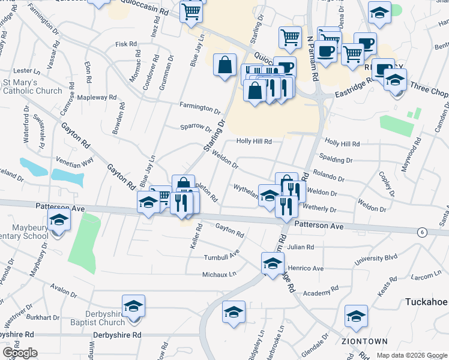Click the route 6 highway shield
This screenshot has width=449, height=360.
[423, 233]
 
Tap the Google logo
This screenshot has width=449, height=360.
[20, 353]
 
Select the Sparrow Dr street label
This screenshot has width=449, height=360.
[196, 127]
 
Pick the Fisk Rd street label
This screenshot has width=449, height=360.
[126, 44]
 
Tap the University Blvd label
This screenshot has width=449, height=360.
[376, 259]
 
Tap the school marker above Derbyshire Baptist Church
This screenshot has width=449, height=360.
[133, 306]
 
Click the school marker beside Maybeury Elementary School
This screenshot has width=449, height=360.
[59, 222]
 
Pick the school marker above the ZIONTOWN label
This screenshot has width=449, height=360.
[356, 316]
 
